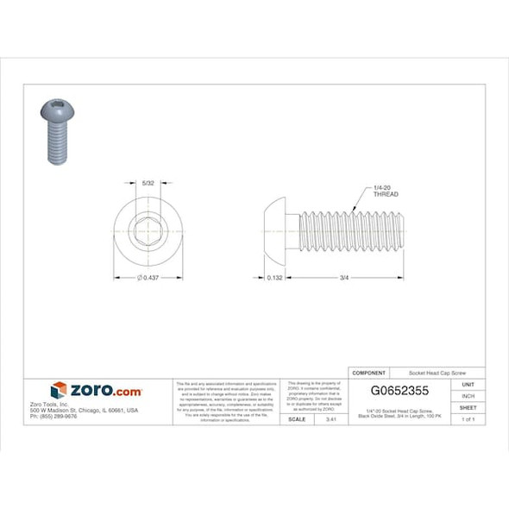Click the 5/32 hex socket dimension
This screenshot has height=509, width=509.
point(148,183)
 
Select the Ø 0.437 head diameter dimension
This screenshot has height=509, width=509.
point(149,278)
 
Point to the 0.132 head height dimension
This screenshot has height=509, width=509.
point(275,278)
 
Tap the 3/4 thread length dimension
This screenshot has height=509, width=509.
point(343,278)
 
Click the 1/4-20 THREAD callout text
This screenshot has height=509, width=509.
point(385,192)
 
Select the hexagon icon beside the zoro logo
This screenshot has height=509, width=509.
point(59,391)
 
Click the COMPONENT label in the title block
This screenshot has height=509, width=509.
point(370,372)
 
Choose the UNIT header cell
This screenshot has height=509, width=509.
point(468,383)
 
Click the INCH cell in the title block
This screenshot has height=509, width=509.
point(468,395)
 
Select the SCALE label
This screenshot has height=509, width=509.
point(296,418)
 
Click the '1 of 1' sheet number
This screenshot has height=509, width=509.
point(468,418)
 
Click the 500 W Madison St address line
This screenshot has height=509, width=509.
point(84,410)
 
